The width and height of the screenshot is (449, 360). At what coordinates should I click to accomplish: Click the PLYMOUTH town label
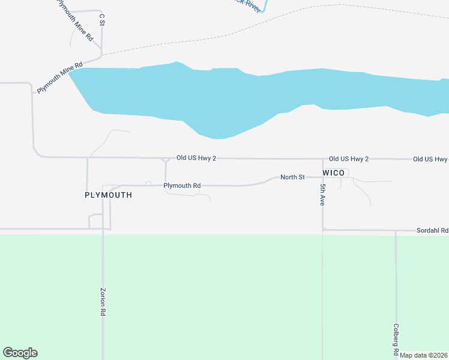coord(108,196)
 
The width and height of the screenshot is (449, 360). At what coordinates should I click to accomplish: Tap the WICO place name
coord(334,173)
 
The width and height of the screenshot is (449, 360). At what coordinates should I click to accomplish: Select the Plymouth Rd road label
coord(182,186)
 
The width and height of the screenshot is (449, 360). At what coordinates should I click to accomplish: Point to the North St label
coord(293,177)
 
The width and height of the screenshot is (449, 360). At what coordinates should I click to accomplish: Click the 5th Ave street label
coord(322,195)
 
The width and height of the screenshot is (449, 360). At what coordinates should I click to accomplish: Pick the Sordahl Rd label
coord(432,230)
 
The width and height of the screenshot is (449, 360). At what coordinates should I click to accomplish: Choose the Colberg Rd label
coord(396,339)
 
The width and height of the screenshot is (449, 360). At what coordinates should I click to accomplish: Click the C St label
coord(101,20)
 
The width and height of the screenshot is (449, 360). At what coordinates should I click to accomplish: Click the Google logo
coord(20,353)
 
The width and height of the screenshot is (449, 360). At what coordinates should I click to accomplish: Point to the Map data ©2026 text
coord(424,355)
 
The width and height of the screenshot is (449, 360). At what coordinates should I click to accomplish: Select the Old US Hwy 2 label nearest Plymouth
coord(196,158)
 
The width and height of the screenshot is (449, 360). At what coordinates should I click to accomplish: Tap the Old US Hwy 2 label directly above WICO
coord(348,159)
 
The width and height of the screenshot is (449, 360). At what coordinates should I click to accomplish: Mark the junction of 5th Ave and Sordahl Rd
coord(323,229)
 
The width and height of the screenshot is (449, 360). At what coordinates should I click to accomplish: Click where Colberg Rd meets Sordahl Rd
coord(396,230)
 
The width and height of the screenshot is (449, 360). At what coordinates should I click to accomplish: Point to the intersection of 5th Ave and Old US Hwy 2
coord(323,159)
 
